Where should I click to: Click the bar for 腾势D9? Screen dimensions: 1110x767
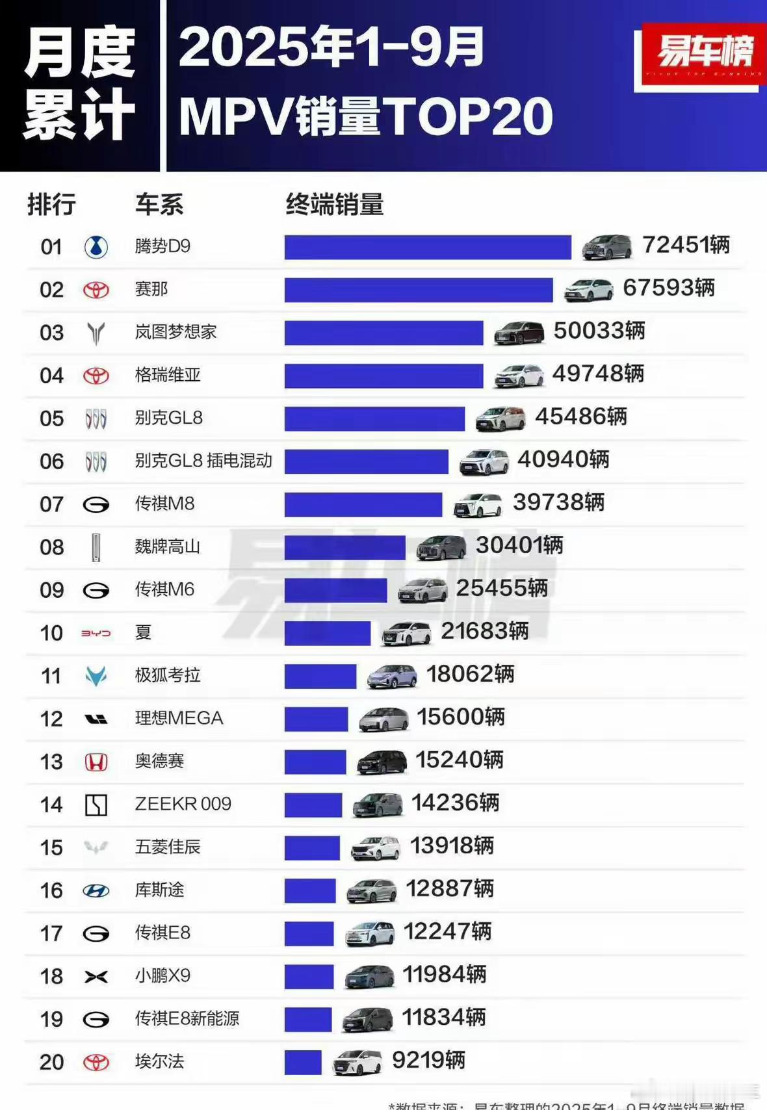click(428, 247)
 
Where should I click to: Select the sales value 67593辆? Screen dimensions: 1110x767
click(669, 287)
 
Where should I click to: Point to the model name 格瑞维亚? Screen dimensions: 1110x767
click(168, 375)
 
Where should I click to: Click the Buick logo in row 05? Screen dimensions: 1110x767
click(96, 419)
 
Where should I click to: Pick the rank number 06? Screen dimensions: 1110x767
click(52, 461)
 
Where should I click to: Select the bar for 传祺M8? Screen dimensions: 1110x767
click(363, 504)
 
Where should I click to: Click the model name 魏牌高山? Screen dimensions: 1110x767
click(167, 547)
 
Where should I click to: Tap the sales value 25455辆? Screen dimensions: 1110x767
click(502, 588)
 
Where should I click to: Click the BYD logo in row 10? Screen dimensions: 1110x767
click(96, 633)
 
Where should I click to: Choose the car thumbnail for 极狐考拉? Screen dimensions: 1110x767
click(392, 676)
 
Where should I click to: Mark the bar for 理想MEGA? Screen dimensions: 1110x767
click(316, 719)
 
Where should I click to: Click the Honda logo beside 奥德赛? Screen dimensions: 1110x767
click(96, 762)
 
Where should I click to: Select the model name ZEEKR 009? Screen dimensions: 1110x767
click(183, 804)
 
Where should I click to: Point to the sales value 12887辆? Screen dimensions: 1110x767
click(450, 888)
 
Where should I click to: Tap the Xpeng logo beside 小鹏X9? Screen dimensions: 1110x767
click(96, 976)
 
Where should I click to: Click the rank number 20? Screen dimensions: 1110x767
click(52, 1062)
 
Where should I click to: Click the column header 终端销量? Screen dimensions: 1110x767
click(335, 205)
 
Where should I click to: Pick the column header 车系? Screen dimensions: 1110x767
click(159, 205)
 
